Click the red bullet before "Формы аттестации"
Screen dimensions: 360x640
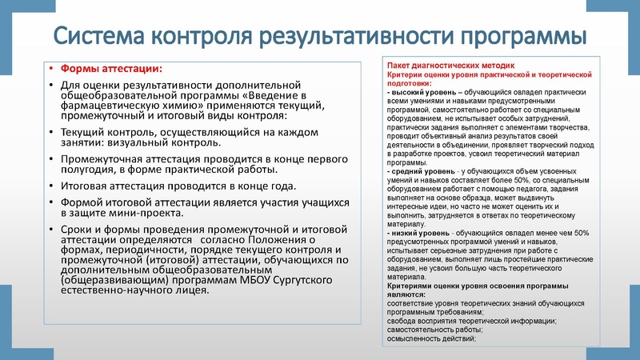click(x=50, y=69)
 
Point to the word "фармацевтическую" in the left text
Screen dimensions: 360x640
click(x=115, y=106)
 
